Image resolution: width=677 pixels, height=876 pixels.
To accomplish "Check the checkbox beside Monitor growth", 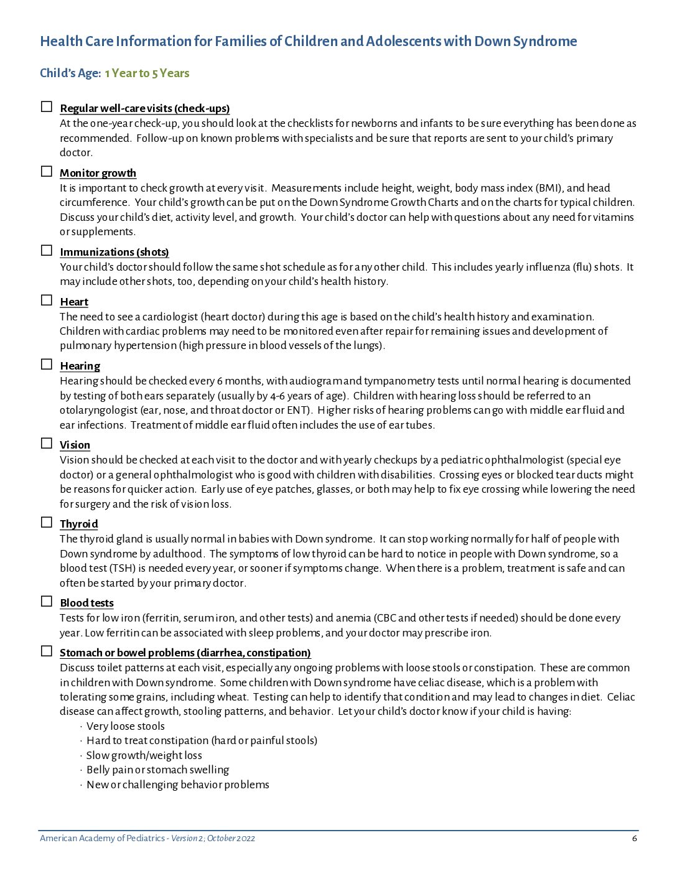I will (47, 171).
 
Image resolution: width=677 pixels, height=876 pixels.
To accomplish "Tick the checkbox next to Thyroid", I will (47, 522).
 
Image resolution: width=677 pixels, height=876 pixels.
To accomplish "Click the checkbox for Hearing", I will (47, 364).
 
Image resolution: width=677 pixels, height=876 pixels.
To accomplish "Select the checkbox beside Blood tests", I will (47, 601).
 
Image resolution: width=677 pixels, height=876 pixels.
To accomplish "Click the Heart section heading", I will (74, 302).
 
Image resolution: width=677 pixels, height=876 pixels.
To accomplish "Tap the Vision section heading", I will (75, 445).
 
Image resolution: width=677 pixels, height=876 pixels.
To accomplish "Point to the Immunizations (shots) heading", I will (114, 252).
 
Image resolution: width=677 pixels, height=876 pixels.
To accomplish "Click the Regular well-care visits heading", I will (145, 108).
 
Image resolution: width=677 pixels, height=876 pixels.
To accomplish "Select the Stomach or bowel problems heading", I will (185, 653).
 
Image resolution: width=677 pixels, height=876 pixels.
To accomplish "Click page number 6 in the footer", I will (634, 838).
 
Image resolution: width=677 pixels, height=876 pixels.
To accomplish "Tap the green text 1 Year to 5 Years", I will (147, 73).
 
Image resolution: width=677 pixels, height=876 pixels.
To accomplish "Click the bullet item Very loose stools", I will (126, 726).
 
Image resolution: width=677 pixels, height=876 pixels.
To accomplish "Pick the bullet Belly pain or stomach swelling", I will (157, 770).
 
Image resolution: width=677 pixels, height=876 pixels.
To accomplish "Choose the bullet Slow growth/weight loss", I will (144, 755).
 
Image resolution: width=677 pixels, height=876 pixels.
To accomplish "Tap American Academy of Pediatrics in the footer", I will (102, 838).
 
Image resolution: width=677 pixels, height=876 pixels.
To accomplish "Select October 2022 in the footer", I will (231, 838).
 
